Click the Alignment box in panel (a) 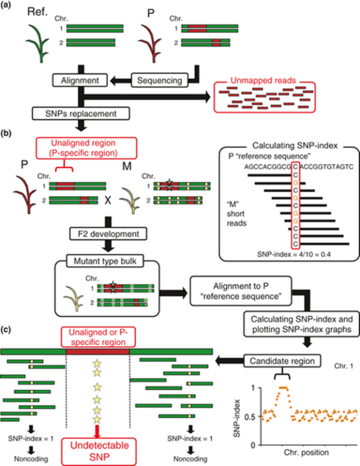[80, 81]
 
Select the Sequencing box [160, 81]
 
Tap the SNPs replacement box [81, 114]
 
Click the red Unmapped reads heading [263, 81]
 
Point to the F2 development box [108, 234]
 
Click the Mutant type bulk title [105, 261]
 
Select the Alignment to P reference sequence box [241, 291]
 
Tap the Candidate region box [282, 361]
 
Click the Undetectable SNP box [99, 451]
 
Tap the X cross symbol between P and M [108, 201]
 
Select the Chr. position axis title [307, 452]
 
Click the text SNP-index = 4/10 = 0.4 [293, 254]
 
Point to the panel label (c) [6, 330]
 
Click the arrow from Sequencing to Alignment [121, 81]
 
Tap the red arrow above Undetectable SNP [97, 431]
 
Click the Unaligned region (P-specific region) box [86, 148]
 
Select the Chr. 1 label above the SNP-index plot [344, 366]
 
